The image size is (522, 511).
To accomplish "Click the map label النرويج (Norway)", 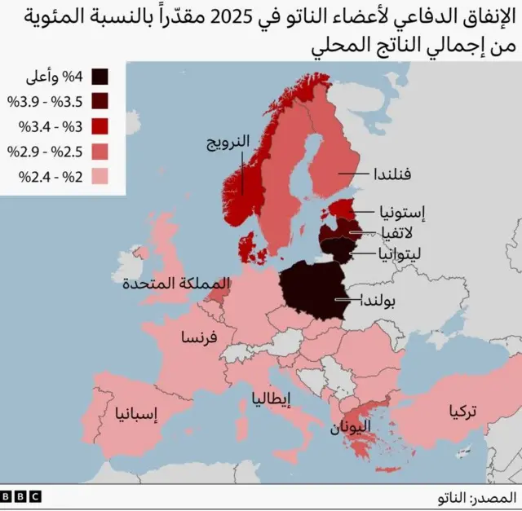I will (x=227, y=143).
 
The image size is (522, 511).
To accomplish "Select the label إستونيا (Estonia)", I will (x=401, y=212).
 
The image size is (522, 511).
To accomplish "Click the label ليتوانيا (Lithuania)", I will (x=399, y=253).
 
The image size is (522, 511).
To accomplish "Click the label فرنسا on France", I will (x=198, y=338).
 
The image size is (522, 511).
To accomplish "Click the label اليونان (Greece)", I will (x=352, y=425).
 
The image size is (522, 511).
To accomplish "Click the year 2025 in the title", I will (x=245, y=17).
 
